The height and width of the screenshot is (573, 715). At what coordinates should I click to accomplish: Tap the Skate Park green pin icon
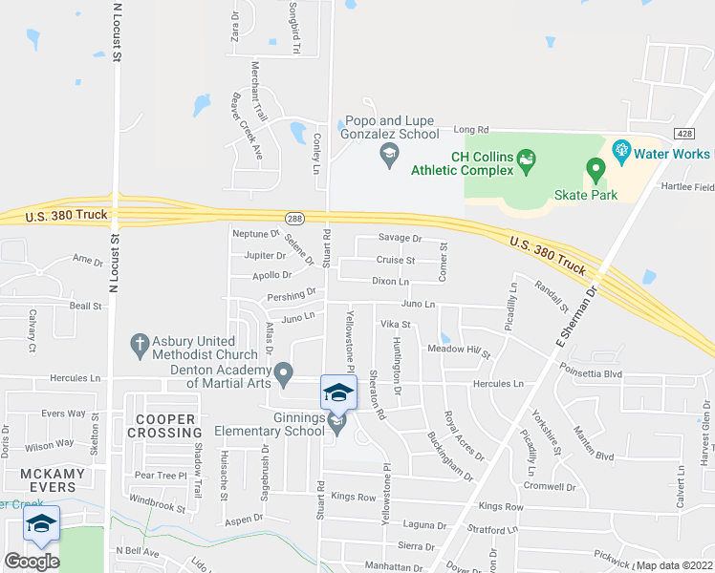pos(596,171)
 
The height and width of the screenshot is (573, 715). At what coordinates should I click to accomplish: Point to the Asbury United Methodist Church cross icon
pos(140,342)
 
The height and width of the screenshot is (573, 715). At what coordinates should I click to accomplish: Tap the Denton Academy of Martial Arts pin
pos(283,372)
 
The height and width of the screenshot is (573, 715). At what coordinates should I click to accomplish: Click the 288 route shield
pos(294,218)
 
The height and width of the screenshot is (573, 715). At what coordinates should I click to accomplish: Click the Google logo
pos(32,562)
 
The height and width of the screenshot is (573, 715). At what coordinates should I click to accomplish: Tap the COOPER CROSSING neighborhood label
pos(165,426)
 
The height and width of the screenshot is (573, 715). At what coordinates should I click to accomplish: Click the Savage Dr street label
pos(400,238)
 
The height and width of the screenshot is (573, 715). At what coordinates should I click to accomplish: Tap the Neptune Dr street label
pos(254,233)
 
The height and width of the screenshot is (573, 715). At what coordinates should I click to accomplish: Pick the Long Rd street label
pos(470,129)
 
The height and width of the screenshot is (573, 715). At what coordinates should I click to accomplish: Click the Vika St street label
pos(395,325)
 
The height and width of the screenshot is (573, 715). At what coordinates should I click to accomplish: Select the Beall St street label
pos(85,306)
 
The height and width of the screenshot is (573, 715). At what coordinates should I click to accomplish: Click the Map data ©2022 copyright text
pos(673,565)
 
